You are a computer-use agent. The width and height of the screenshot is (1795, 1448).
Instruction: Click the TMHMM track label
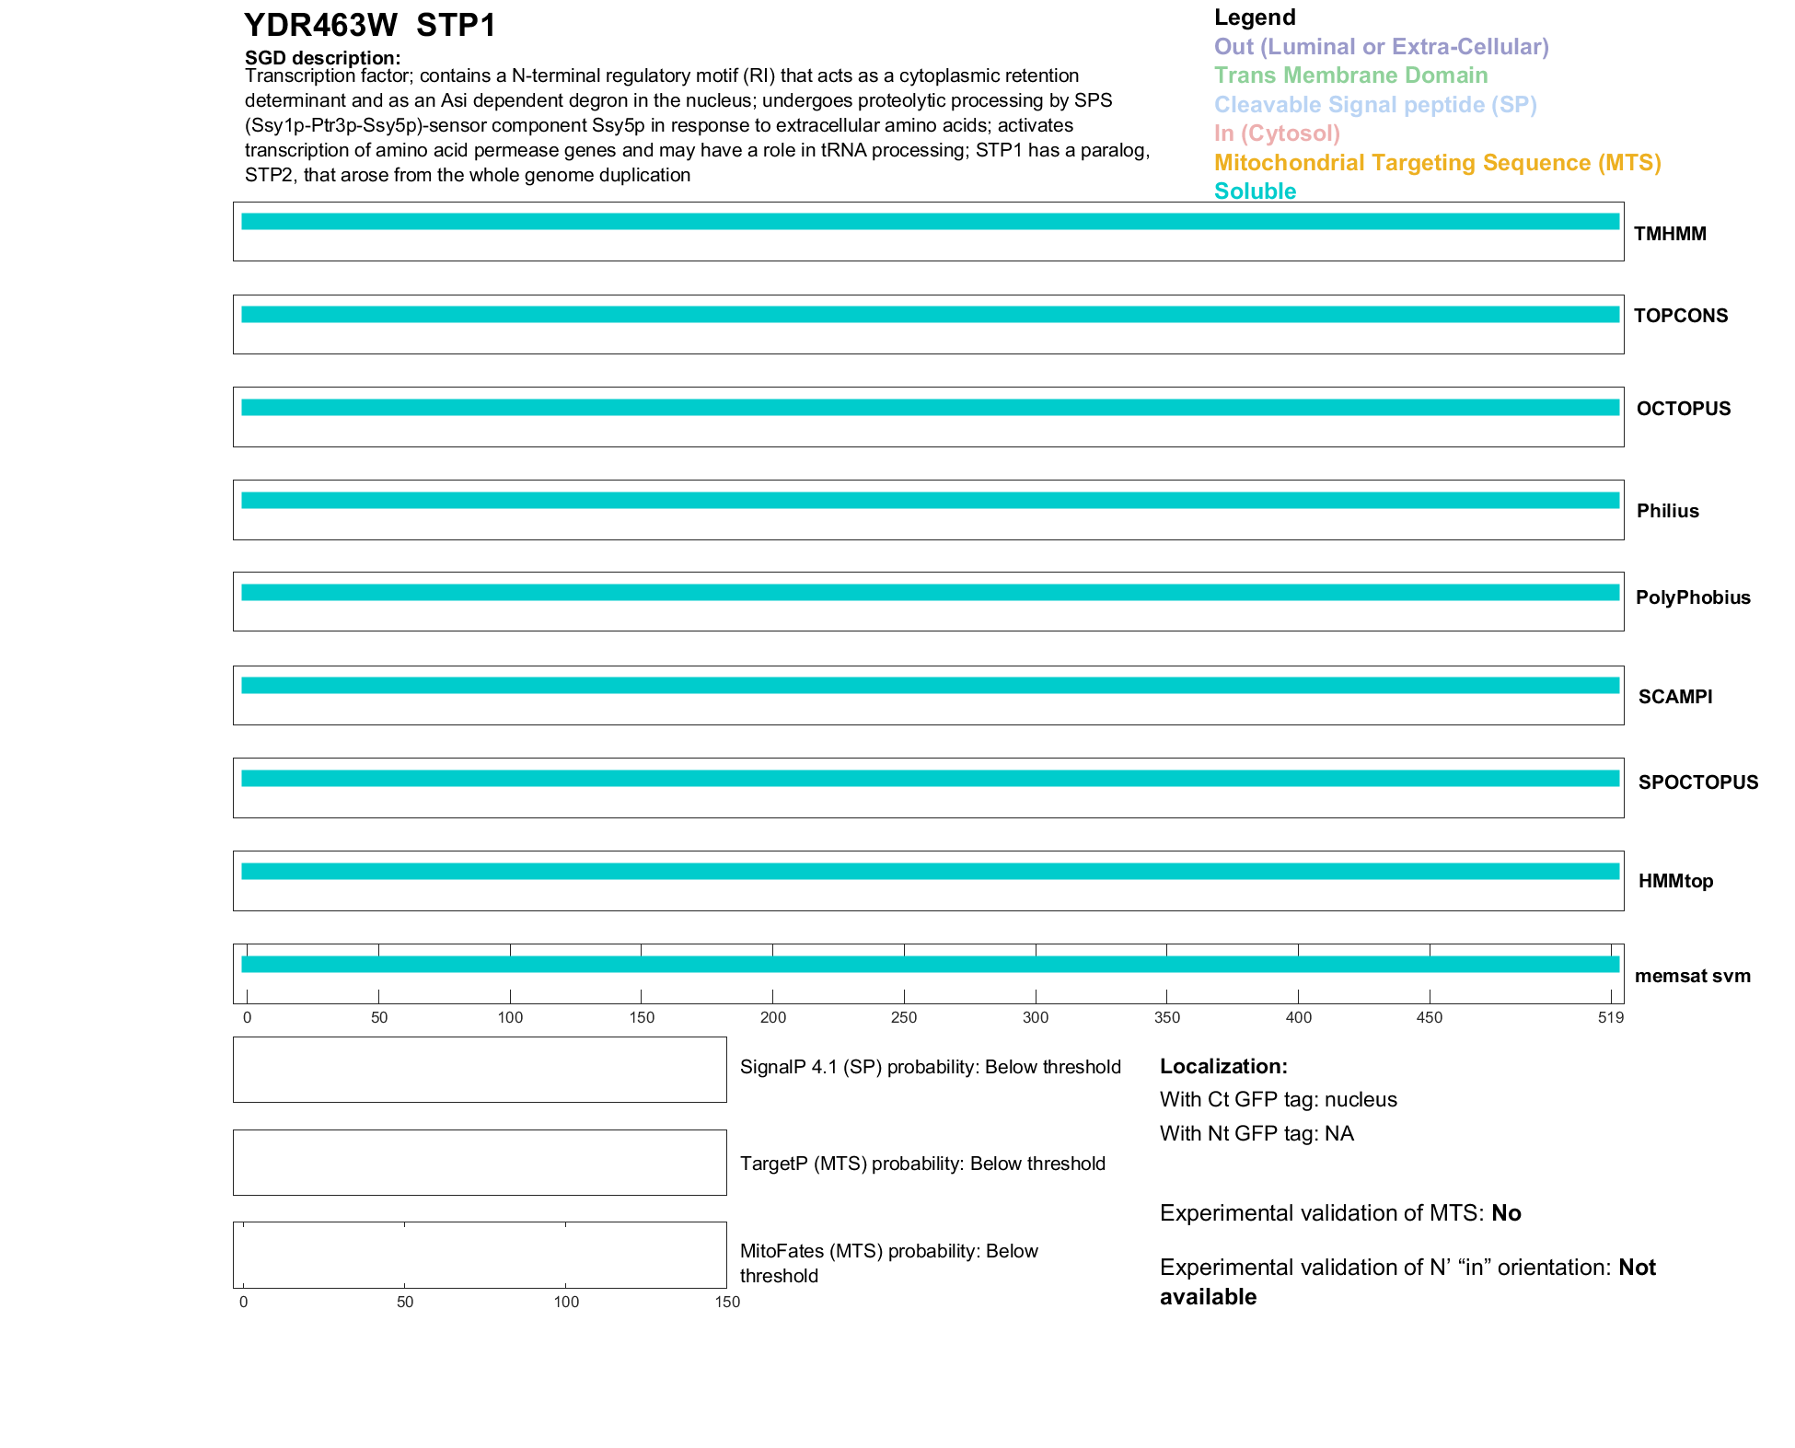[x=1669, y=234]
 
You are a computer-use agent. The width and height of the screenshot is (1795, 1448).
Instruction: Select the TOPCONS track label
[x=1680, y=316]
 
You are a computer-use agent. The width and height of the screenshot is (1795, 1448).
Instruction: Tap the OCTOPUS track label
[x=1683, y=409]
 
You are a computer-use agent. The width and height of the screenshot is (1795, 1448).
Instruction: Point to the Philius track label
[x=1667, y=511]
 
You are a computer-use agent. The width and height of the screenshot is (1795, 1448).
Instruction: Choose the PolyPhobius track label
[x=1692, y=597]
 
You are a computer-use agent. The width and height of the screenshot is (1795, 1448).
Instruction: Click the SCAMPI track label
[x=1674, y=697]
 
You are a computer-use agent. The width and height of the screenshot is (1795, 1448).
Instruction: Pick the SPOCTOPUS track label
[x=1697, y=782]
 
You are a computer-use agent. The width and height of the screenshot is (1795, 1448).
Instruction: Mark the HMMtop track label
[x=1675, y=881]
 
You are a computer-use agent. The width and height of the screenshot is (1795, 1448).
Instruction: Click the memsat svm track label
[x=1692, y=976]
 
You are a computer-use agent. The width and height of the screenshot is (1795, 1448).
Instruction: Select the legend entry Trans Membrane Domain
[x=1350, y=75]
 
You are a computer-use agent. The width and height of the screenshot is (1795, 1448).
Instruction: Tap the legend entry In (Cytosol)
[x=1277, y=133]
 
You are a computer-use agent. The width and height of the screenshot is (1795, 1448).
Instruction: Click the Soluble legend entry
[x=1255, y=191]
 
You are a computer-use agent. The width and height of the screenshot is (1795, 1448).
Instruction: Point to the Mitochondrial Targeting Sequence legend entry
[x=1437, y=163]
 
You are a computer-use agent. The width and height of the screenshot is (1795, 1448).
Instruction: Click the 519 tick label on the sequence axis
[x=1610, y=1017]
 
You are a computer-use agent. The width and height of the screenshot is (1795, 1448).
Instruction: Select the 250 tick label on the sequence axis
[x=904, y=1017]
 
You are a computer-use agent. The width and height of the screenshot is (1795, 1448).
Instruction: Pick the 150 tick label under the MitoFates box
[x=727, y=1302]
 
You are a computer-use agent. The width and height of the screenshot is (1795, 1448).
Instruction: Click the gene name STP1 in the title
[x=456, y=26]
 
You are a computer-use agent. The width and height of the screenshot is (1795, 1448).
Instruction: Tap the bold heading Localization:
[x=1223, y=1066]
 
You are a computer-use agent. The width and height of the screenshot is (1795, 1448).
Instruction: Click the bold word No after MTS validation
[x=1506, y=1213]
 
